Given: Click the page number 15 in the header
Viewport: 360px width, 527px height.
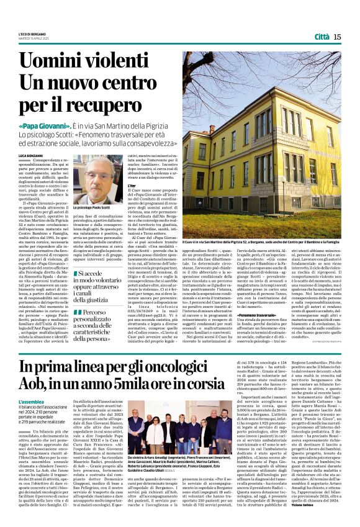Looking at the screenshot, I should (x=337, y=37).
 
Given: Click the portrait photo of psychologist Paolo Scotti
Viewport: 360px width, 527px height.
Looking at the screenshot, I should (x=93, y=181).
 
